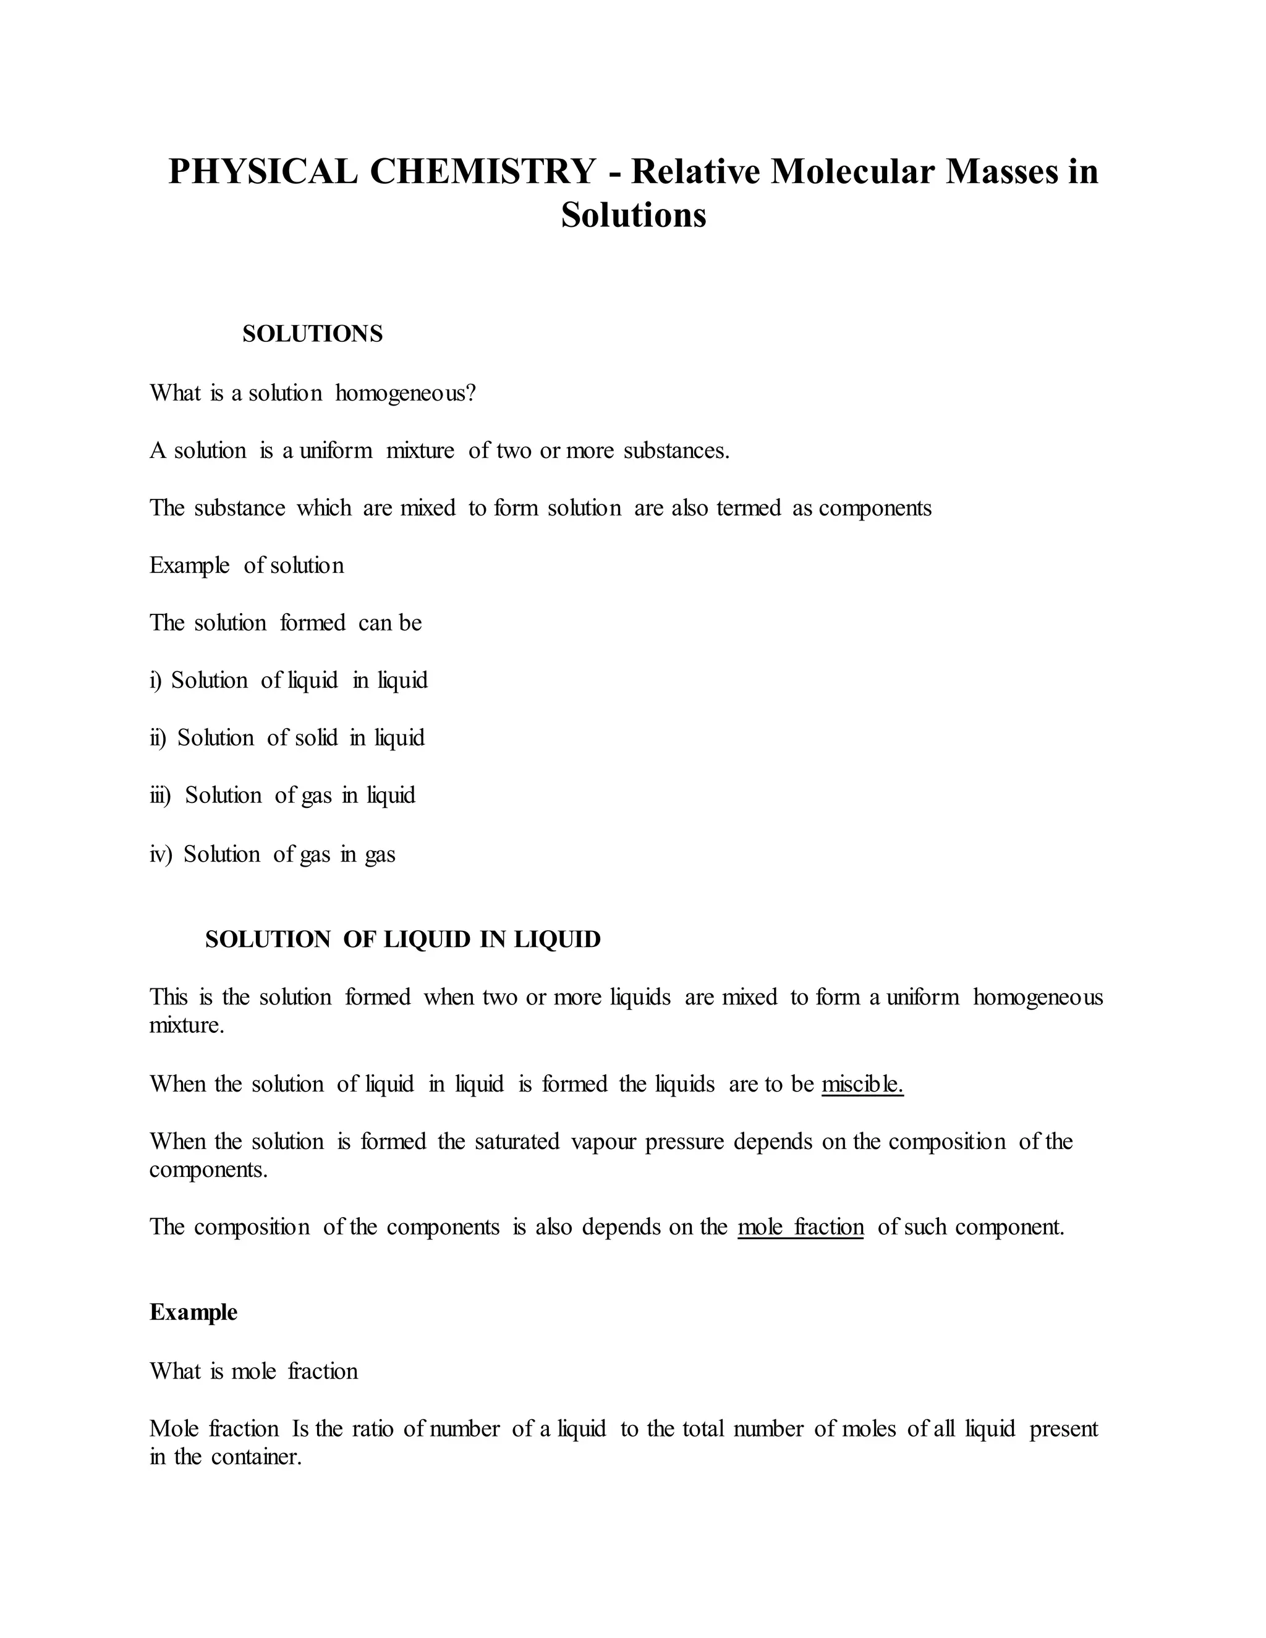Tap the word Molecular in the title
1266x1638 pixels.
[852, 171]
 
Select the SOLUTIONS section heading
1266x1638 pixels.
[312, 334]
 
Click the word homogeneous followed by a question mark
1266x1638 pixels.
[405, 393]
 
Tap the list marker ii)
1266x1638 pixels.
[158, 738]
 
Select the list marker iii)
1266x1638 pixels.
[161, 795]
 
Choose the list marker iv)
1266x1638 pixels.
[161, 854]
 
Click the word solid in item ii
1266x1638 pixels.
[316, 738]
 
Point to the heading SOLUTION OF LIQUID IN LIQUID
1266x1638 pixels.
[403, 939]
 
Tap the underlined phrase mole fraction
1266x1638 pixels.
[801, 1226]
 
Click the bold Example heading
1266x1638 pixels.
[193, 1312]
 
